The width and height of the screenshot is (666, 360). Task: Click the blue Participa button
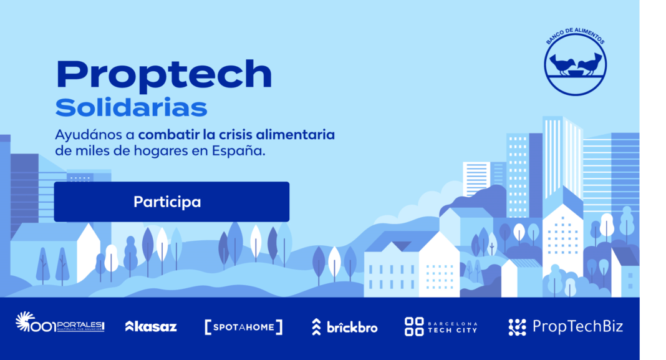pos(171,202)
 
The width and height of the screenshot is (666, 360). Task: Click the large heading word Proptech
pos(164,75)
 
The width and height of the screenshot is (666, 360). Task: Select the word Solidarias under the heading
pos(131,107)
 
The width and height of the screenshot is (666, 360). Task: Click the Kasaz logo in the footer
pos(151,326)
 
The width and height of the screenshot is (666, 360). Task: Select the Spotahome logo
pos(244,326)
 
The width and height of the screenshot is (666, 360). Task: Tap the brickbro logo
pos(344,326)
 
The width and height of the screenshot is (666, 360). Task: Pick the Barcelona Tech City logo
pos(441,326)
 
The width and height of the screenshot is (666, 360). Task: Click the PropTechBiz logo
pos(565,326)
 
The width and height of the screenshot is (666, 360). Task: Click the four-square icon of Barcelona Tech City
pos(413,326)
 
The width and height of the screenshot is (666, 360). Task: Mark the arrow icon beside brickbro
pos(317,326)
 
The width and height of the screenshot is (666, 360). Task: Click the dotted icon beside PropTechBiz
pos(517,326)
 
